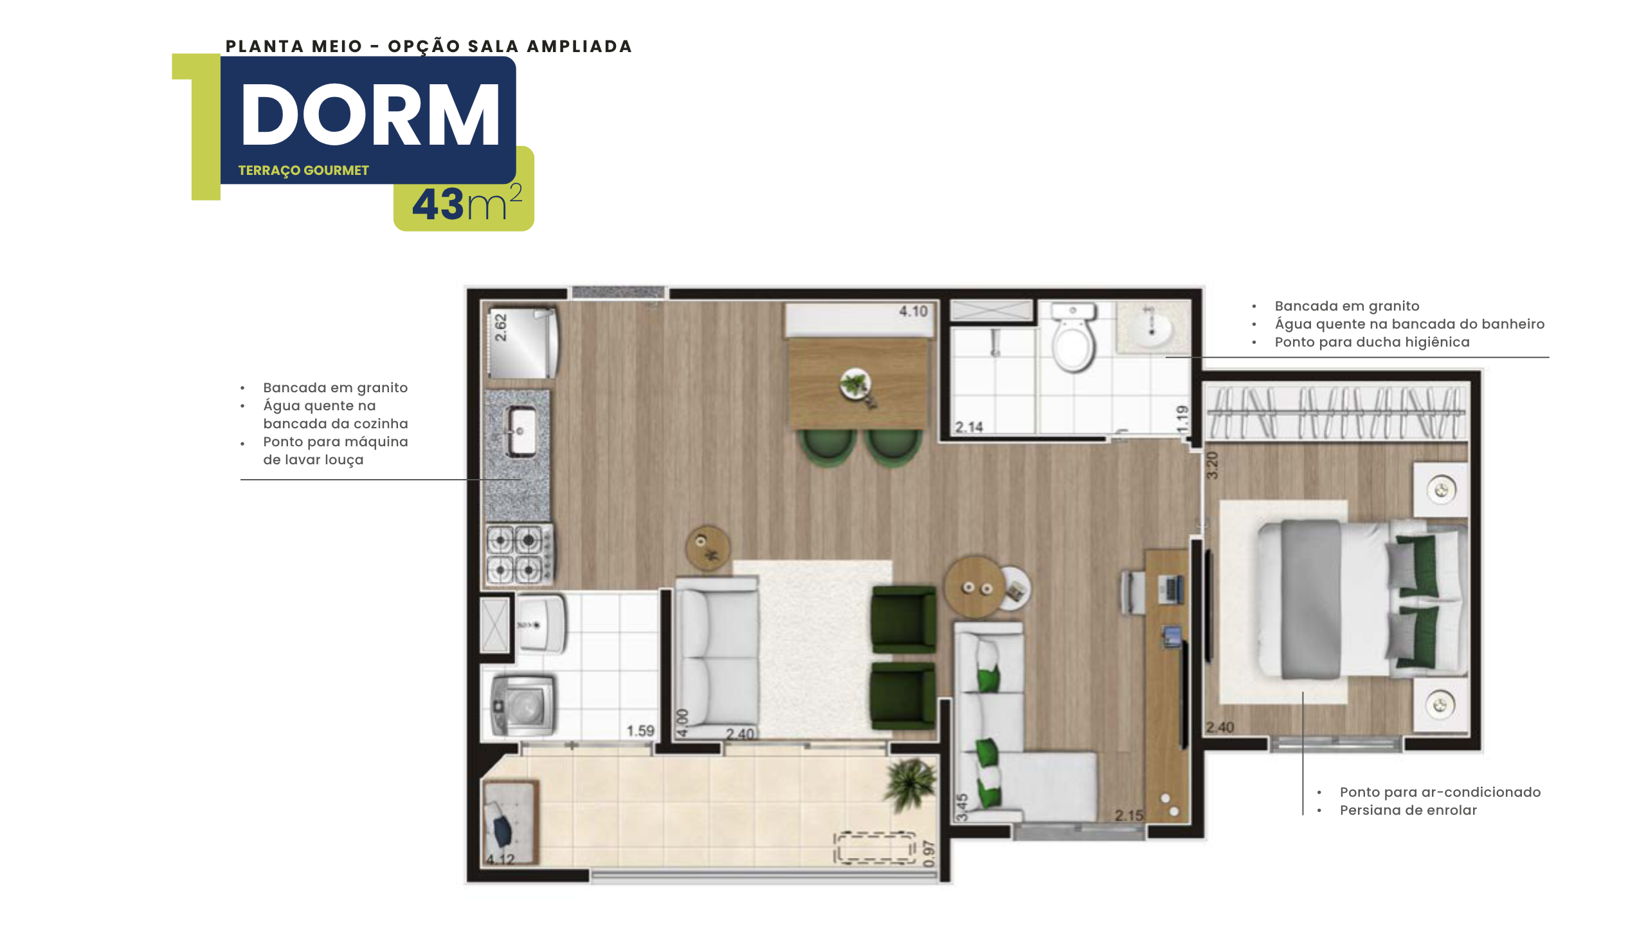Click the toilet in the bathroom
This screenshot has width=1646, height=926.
(x=1072, y=338)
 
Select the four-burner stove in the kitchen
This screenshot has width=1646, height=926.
(x=519, y=554)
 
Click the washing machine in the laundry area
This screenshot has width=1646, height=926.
(x=522, y=704)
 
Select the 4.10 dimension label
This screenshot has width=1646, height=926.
(x=913, y=311)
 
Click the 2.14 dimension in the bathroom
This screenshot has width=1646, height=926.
(x=969, y=427)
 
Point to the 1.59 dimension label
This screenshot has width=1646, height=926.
(x=640, y=731)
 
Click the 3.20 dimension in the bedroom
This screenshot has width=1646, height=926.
(x=1212, y=465)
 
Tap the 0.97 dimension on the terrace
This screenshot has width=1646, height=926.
(x=928, y=853)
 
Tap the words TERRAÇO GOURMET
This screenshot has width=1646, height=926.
(x=303, y=170)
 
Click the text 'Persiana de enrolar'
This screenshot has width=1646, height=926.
(x=1408, y=810)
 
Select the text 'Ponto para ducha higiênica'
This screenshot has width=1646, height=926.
(x=1372, y=342)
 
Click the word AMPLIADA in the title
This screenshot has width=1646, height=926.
(x=579, y=46)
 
